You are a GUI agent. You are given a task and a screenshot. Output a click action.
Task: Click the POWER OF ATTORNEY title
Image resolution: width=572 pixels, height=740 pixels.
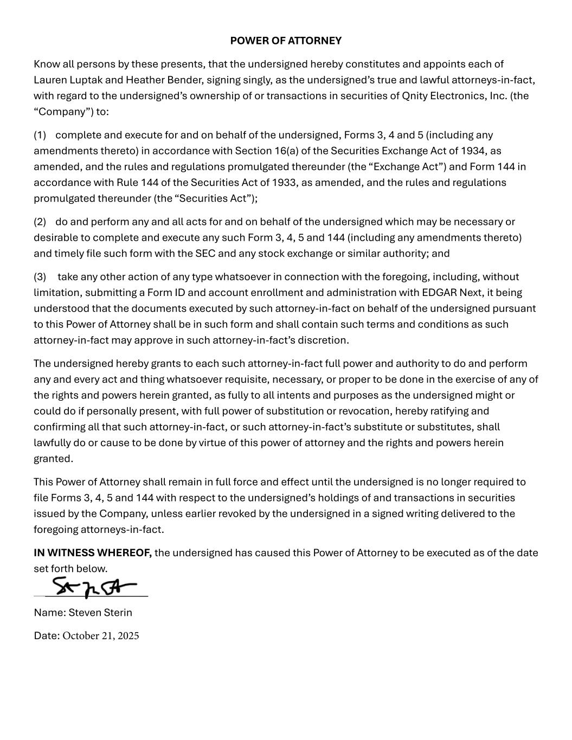pyautogui.click(x=286, y=41)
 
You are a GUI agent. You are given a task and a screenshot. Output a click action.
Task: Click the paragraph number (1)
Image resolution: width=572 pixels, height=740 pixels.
pyautogui.click(x=40, y=135)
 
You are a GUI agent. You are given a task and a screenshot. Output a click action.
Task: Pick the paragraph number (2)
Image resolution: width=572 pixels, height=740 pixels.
pyautogui.click(x=40, y=222)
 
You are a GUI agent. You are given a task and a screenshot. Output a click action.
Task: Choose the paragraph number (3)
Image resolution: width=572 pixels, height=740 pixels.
pyautogui.click(x=40, y=277)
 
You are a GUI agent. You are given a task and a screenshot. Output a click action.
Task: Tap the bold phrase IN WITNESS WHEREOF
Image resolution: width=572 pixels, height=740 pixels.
pyautogui.click(x=92, y=553)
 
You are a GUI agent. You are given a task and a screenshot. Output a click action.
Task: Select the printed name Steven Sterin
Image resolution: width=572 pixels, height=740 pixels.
pyautogui.click(x=100, y=613)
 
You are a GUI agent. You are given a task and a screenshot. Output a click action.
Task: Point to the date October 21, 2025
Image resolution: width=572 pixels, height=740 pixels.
pyautogui.click(x=101, y=636)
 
